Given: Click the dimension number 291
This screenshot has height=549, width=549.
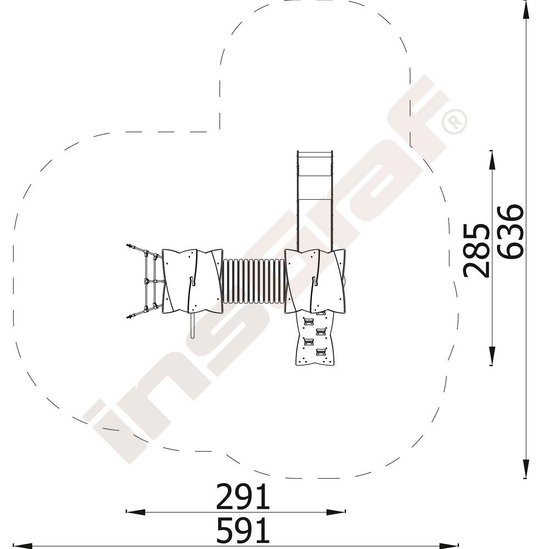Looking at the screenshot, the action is [x=243, y=496].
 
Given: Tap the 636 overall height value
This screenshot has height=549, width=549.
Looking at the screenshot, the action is [x=511, y=232].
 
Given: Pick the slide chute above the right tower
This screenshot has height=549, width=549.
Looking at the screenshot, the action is [x=315, y=200].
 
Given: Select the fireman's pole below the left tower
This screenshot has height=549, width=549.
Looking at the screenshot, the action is [x=192, y=325].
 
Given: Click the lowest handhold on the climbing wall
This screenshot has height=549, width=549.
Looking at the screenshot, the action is [x=321, y=351].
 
